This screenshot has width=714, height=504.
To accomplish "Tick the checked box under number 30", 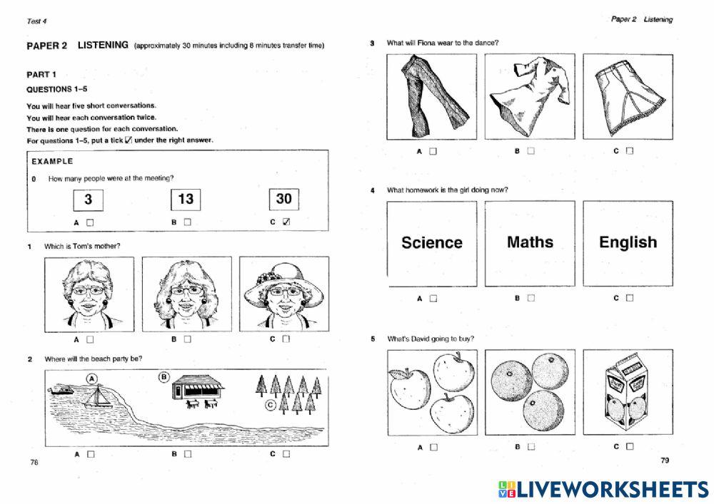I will point(286,222).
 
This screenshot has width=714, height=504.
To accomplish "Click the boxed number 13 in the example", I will point(186,199).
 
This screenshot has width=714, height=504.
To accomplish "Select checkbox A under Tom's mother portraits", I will point(89,339).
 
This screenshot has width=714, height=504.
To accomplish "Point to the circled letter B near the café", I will point(163,376).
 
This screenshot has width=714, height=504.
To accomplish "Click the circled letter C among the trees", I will point(270,406).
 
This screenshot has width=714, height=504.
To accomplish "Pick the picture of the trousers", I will point(432,97).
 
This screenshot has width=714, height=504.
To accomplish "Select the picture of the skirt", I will point(628,97).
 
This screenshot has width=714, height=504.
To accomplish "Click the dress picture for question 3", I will point(530,97).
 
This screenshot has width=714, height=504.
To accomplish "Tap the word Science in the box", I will point(432,243).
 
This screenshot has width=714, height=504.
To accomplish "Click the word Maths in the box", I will point(530,242).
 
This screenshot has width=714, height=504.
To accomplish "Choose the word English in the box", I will point(628,242).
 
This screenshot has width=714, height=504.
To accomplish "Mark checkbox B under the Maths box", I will point(531,298).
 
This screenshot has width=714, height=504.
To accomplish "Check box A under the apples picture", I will point(433,447).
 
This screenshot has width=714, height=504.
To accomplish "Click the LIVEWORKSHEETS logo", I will point(603,488).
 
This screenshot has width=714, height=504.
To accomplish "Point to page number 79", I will point(665,461).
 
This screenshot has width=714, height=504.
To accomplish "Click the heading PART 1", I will point(41,74).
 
